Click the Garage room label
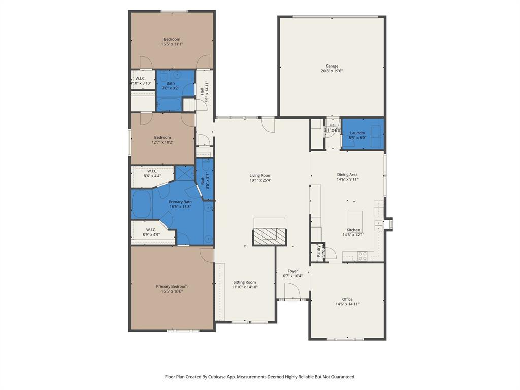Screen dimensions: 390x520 pos(332,66)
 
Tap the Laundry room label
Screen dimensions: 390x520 pos(357,133)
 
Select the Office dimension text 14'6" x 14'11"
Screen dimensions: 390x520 pos(347,304)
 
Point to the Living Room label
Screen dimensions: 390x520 pos(260,175)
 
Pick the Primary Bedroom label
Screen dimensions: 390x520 pos(172,286)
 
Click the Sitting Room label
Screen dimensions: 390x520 pos(245,282)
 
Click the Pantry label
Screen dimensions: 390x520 pos(319,252)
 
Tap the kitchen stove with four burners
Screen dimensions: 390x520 pos(362,256)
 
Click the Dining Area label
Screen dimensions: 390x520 pos(347,174)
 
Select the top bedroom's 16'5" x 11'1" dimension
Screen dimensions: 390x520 pos(172,44)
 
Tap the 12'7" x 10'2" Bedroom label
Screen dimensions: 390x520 pos(162,137)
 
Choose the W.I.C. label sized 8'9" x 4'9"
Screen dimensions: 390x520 pos(151,230)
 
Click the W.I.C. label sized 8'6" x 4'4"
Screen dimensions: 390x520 pos(152,171)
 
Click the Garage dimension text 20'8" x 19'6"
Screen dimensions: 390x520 pos(332,71)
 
